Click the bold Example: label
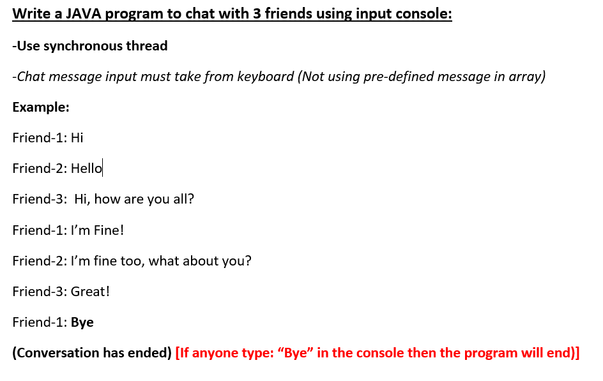tap(41, 107)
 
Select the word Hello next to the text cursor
tap(86, 168)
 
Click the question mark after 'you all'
tap(191, 199)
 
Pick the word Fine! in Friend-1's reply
tap(109, 230)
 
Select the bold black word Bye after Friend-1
tap(82, 322)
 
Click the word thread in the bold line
tap(148, 46)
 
